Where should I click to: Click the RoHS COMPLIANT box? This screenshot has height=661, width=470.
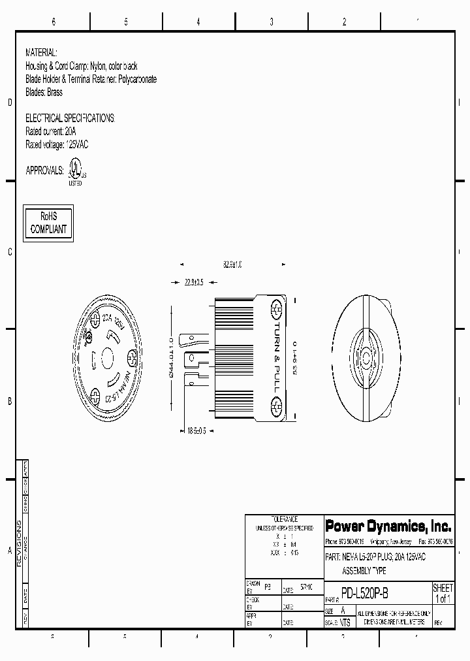(x=49, y=223)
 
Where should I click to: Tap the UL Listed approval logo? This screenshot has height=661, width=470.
(x=76, y=174)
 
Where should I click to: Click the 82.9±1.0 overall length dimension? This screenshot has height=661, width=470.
(x=232, y=265)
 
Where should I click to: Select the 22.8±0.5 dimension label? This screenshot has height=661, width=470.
(x=194, y=282)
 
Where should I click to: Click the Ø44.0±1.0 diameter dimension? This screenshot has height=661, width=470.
(x=171, y=357)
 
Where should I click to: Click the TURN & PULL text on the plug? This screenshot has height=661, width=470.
(x=276, y=357)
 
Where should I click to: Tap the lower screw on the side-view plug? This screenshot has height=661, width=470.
(x=277, y=407)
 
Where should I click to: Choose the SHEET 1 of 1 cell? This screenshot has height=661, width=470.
(x=443, y=593)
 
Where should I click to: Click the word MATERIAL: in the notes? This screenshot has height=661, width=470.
(x=41, y=52)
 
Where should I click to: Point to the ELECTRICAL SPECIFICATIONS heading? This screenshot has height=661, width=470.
(x=69, y=118)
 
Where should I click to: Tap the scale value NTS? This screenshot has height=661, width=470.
(x=345, y=622)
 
